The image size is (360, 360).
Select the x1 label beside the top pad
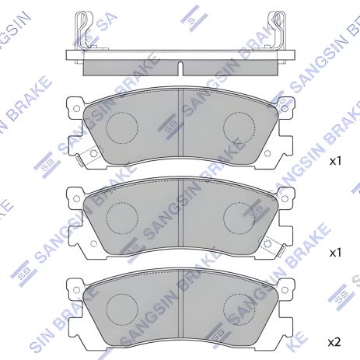[x=335, y=162]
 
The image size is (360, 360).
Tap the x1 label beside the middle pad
[x=335, y=253]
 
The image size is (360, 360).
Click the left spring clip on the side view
[x=83, y=31]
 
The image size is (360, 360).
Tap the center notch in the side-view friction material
[x=180, y=65]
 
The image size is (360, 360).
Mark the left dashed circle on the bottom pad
[x=121, y=305]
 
